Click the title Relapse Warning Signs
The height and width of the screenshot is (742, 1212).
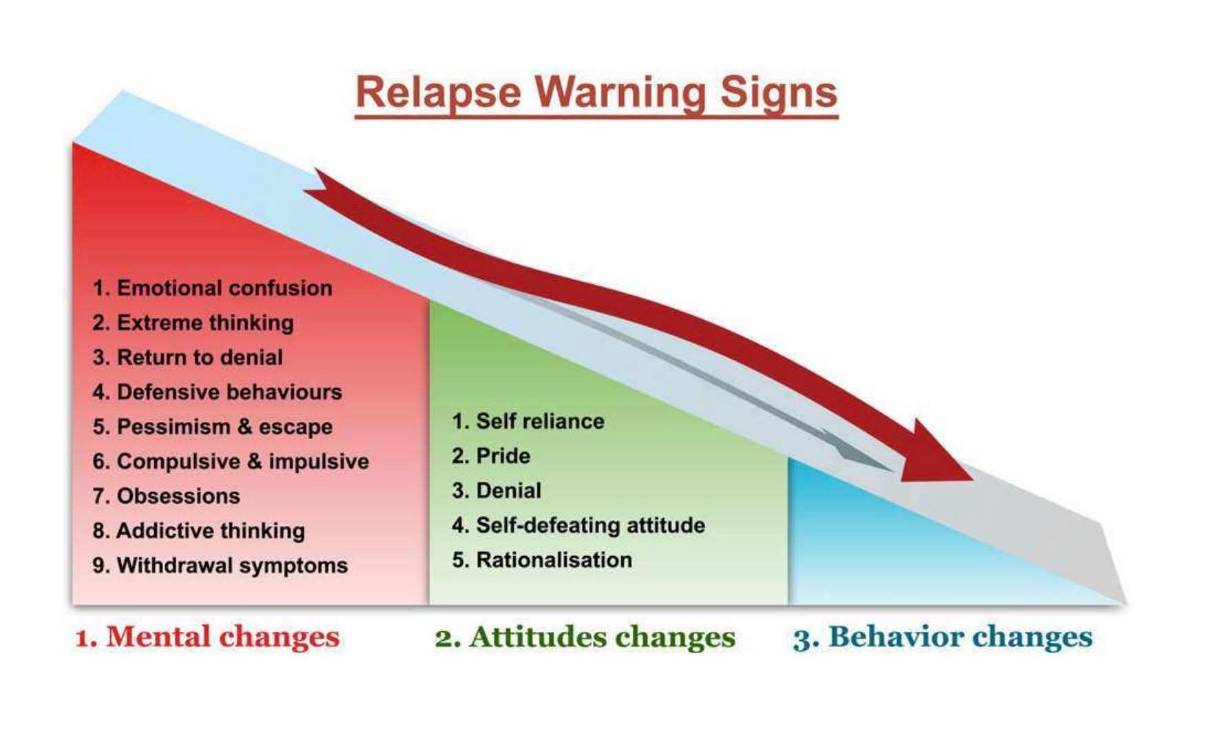click(596, 92)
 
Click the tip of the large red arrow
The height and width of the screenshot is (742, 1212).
click(973, 480)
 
